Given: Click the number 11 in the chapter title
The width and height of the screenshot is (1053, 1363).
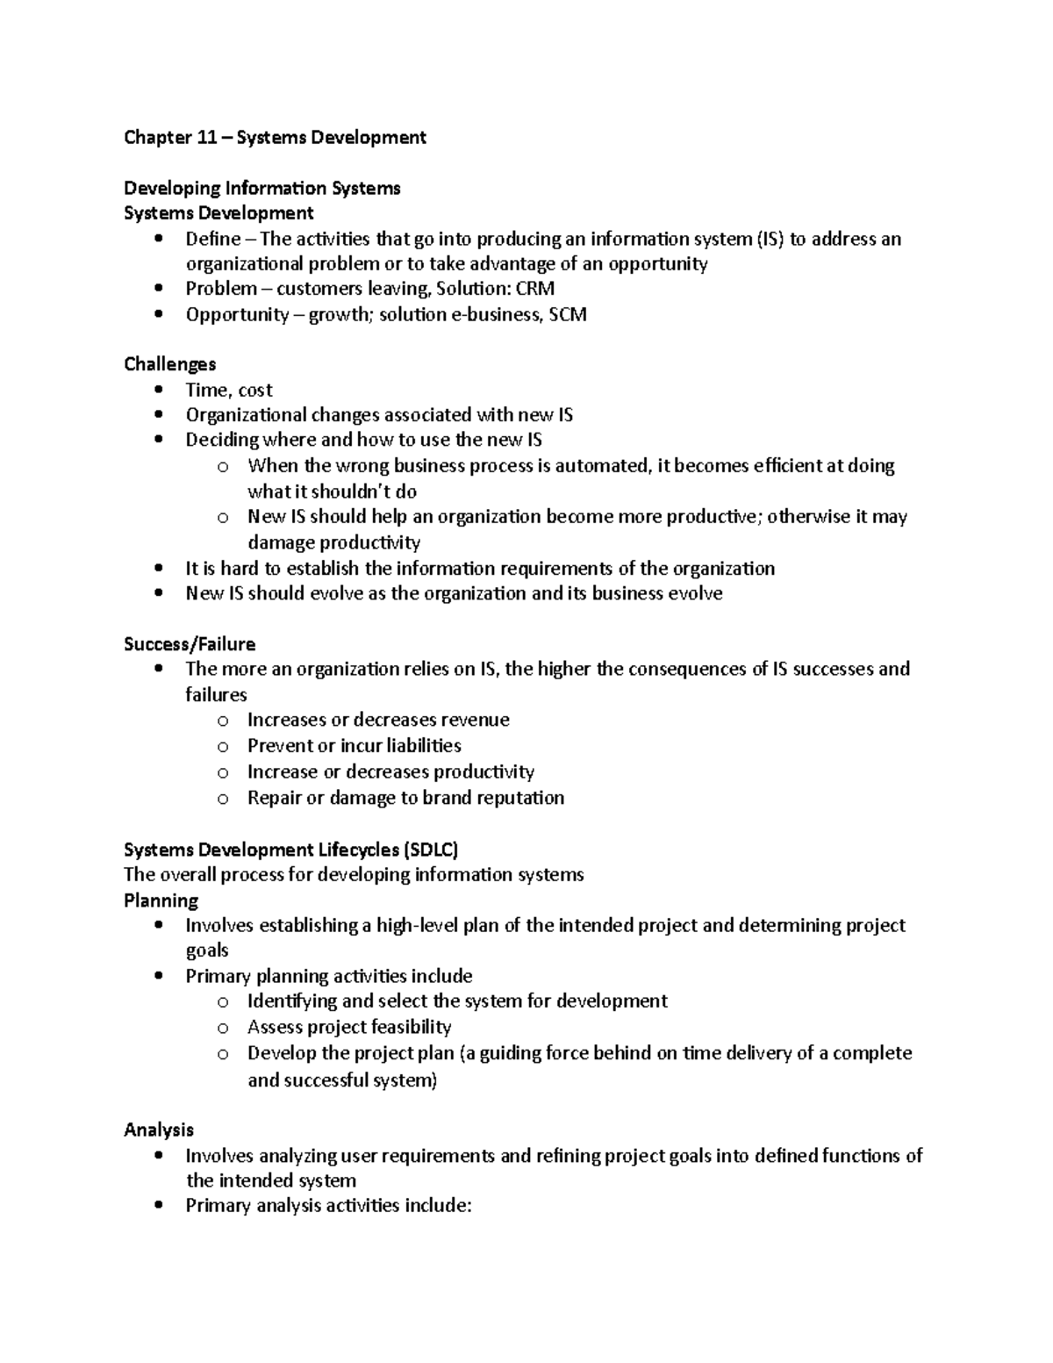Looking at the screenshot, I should [206, 137].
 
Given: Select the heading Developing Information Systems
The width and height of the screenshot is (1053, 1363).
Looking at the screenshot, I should [261, 188].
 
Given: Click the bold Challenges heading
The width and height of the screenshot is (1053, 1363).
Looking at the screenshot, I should [169, 364].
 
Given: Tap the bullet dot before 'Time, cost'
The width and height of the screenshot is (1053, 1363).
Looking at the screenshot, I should [158, 390].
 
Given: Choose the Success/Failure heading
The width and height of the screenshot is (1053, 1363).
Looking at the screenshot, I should [190, 644].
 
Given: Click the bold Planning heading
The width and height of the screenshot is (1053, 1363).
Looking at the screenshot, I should [161, 900].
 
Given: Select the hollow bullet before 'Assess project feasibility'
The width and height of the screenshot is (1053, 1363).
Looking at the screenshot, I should [223, 1028].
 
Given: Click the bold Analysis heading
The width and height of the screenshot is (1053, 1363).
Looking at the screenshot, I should [159, 1130].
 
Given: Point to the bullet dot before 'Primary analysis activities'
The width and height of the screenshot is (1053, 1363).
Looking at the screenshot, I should [158, 1206].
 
